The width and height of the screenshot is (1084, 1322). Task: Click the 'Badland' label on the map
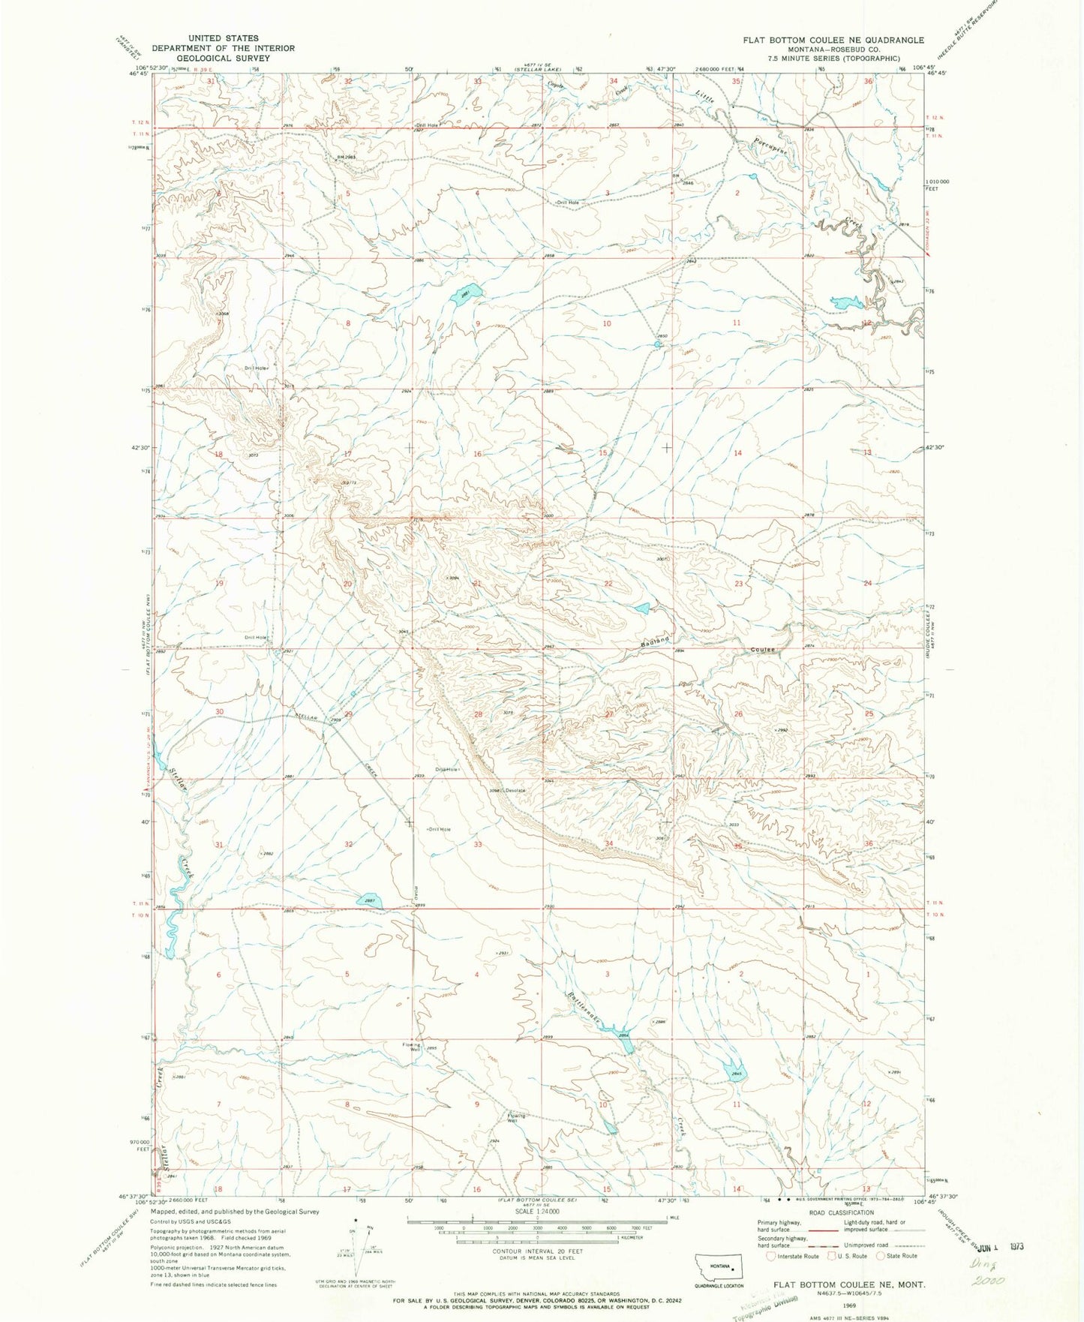pyautogui.click(x=655, y=642)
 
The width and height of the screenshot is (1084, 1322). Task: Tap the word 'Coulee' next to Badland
pyautogui.click(x=759, y=650)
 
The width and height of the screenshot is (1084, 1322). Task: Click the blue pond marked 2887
pyautogui.click(x=370, y=900)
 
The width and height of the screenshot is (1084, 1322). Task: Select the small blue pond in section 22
pyautogui.click(x=641, y=608)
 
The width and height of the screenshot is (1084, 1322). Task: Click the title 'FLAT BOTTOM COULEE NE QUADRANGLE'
pyautogui.click(x=833, y=40)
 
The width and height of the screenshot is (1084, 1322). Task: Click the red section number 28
pyautogui.click(x=477, y=714)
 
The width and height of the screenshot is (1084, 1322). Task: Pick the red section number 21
pyautogui.click(x=477, y=583)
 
